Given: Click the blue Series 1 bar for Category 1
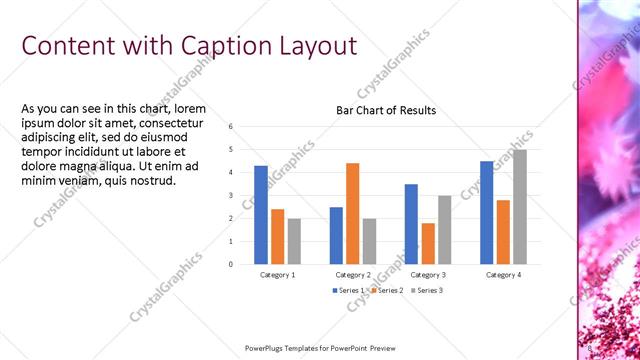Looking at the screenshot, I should point(261,215).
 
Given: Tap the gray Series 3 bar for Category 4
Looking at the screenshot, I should point(519,207).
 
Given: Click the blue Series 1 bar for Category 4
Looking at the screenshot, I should point(486,212).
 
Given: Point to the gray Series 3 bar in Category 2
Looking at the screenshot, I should point(369,241).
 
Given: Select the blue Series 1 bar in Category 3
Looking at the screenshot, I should point(411,224).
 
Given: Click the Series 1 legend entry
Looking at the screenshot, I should point(350,290).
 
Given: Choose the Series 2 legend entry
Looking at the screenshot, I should point(388,290).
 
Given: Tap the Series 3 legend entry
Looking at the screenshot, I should point(426,290).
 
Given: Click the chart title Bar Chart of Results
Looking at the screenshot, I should point(385,110).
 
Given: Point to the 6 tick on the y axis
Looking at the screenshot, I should point(231,127).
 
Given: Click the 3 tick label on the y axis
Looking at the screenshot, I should point(231,195).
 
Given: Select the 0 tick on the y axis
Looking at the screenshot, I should point(231,264).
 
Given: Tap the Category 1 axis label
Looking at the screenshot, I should point(277,274).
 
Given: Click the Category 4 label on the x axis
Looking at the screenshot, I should point(502,274).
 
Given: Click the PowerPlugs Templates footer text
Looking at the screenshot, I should point(319,348).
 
